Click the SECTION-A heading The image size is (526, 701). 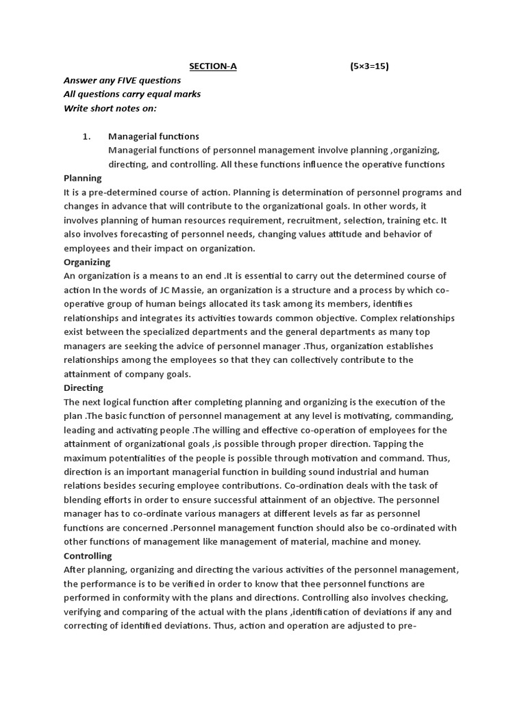coord(213,66)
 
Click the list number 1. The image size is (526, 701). coord(86,136)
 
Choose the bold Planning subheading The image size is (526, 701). coord(82,178)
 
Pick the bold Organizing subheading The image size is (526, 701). coord(87,262)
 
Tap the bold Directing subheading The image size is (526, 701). coord(84,387)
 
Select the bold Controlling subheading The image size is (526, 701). coord(88,555)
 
